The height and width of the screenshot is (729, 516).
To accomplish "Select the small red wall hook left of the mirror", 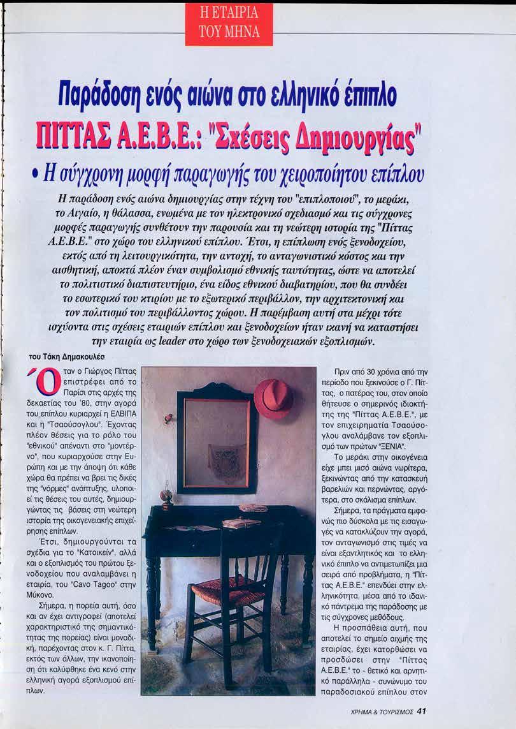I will (169, 418).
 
